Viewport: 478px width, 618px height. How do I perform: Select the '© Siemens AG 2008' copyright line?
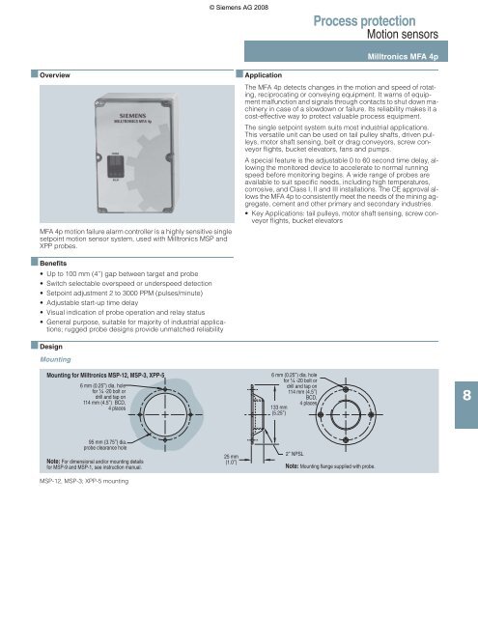pos(238,7)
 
